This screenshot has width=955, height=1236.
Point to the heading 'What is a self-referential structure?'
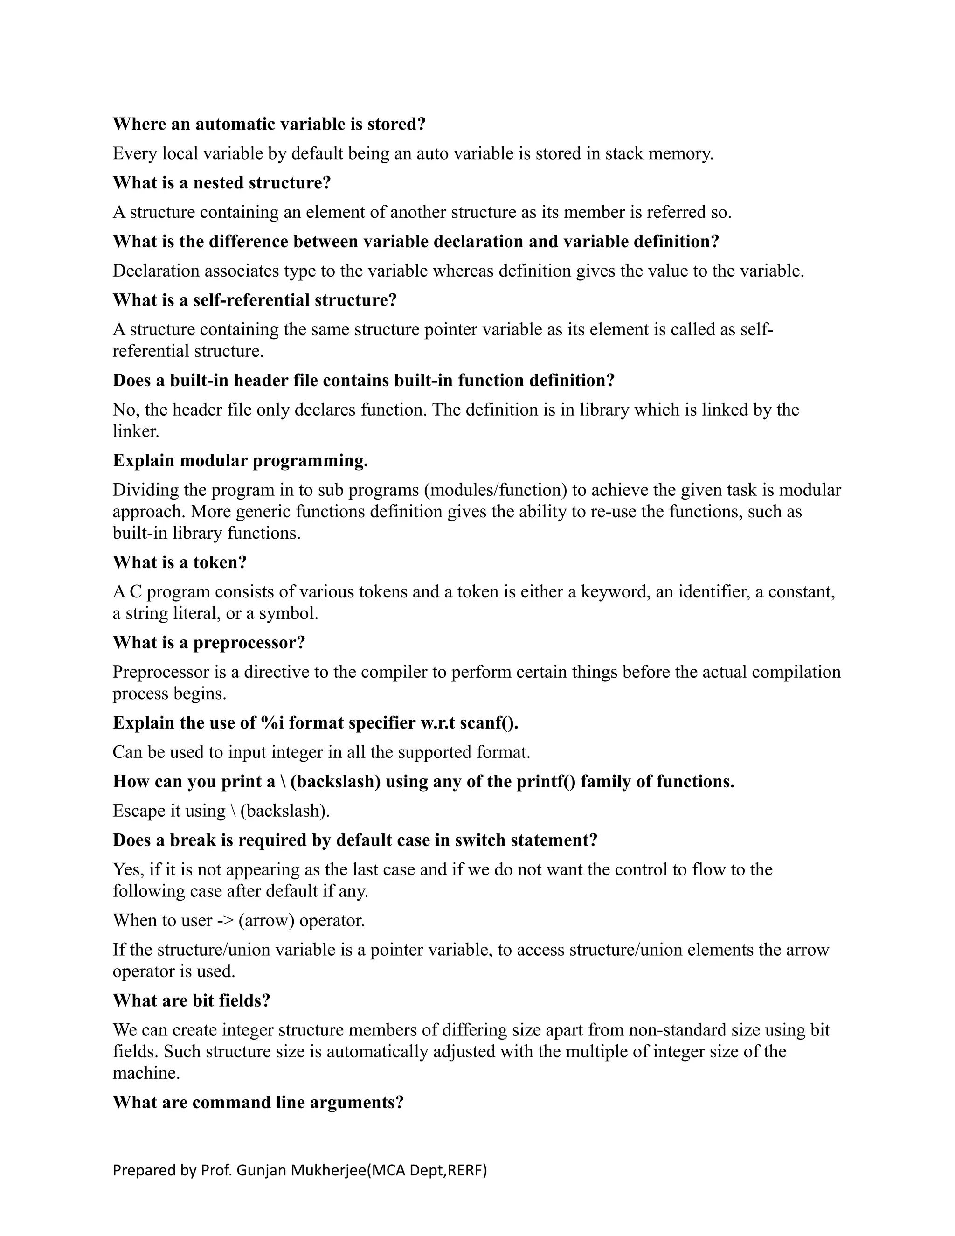click(x=255, y=300)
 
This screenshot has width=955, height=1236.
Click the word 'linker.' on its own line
click(x=136, y=431)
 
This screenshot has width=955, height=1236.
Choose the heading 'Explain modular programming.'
click(x=241, y=461)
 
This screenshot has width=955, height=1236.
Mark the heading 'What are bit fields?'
click(x=191, y=1000)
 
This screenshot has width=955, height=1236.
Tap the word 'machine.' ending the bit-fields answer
click(x=146, y=1073)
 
